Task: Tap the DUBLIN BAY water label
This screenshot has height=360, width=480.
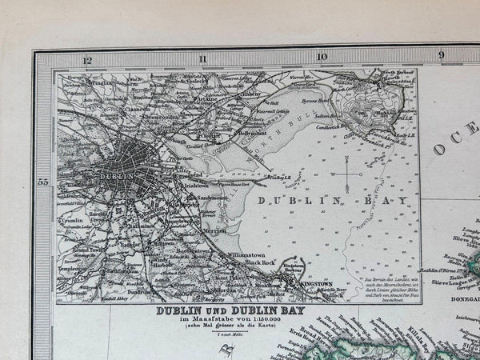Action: pos(321,202)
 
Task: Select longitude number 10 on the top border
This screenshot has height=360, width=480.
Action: pos(322,57)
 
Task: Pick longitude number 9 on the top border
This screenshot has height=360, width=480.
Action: pos(441,54)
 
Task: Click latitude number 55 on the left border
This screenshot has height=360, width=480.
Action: pos(44,183)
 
